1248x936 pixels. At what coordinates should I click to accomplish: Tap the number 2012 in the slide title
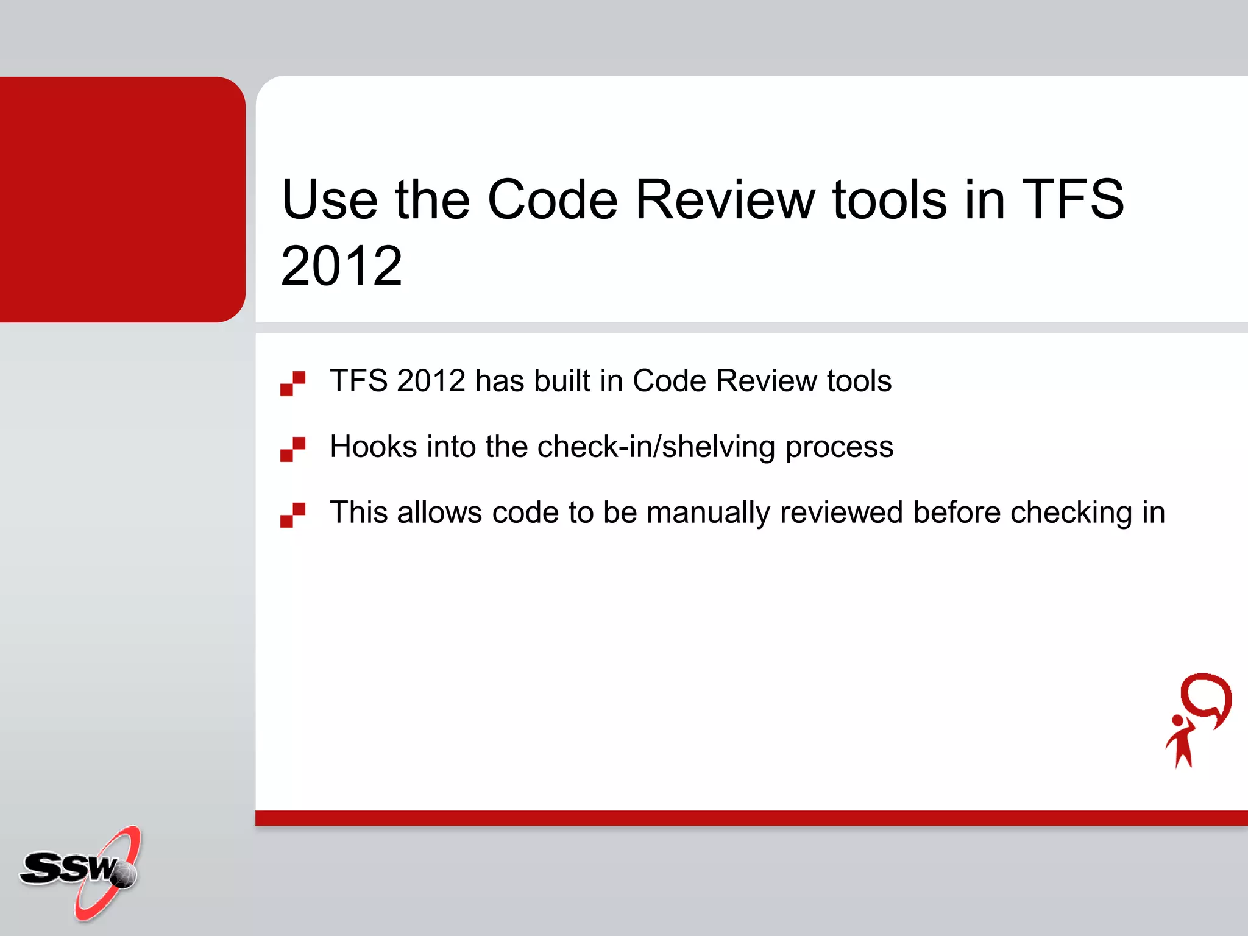pos(341,266)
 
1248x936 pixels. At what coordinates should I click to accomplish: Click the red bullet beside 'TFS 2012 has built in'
pos(293,383)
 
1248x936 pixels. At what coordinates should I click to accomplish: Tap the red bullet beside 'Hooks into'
pos(293,449)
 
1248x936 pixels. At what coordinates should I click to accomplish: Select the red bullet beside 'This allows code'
pos(293,515)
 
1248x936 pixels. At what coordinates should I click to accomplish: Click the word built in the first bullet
pos(562,381)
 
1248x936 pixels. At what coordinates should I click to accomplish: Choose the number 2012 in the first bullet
pos(431,381)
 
